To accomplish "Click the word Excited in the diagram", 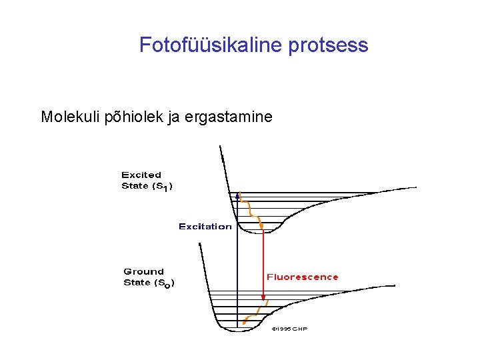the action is (141, 175).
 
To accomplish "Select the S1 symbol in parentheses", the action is (161, 187).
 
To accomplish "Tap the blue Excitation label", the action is (205, 227).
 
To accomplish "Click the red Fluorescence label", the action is (302, 277).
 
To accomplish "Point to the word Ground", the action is (143, 271).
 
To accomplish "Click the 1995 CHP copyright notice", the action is (289, 329).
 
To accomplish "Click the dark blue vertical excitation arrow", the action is (238, 267).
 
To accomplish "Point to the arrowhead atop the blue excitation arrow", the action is (238, 196).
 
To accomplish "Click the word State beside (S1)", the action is (135, 186).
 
